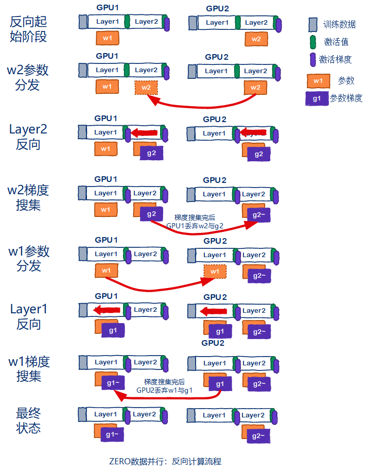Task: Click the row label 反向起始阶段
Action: coord(28,29)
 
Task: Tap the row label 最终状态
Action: coord(28,420)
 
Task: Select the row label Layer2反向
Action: coord(28,137)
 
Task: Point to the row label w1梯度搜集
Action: coord(29,368)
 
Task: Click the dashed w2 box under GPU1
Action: coord(146,87)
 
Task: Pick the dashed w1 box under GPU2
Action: coord(215,272)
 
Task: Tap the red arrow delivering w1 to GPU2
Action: coord(154,288)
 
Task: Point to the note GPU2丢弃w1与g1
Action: coord(165,390)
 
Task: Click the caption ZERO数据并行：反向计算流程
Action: coord(165,461)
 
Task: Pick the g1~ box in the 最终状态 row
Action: coord(112,435)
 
